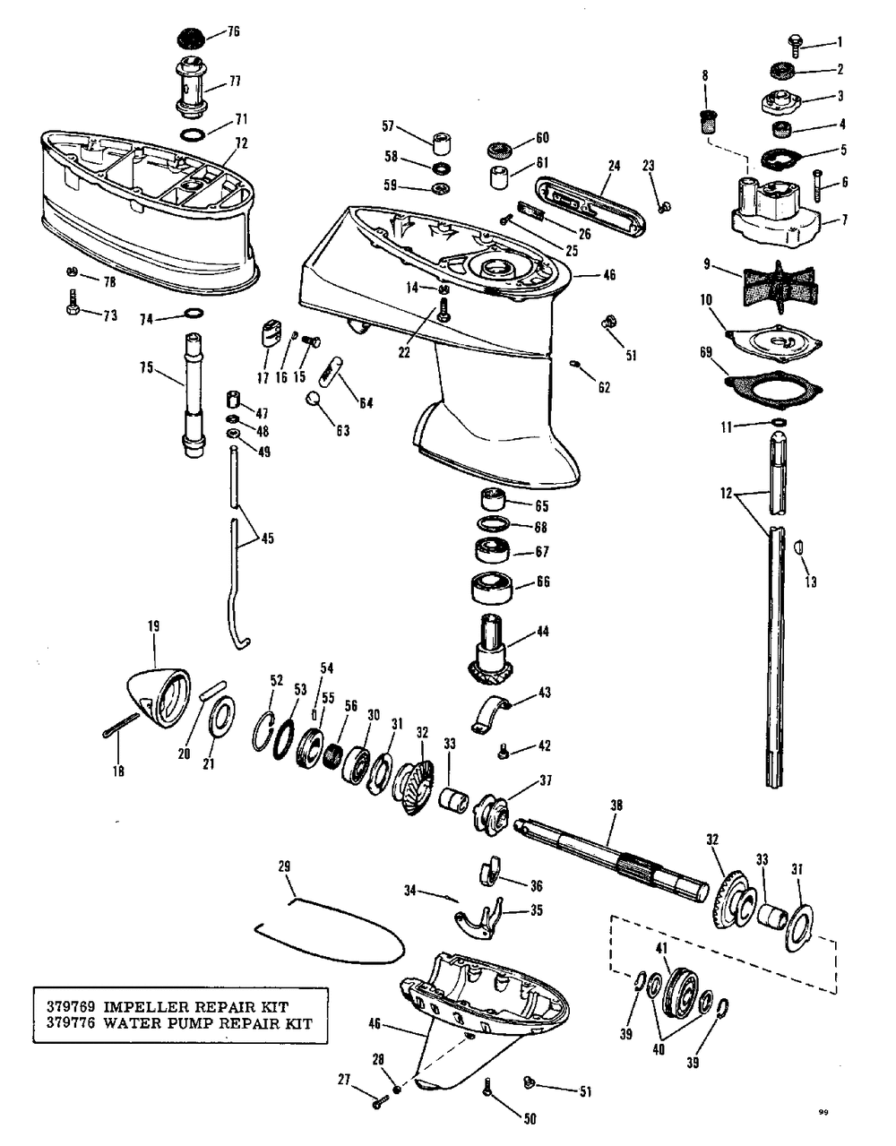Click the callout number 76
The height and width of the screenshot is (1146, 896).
pyautogui.click(x=234, y=31)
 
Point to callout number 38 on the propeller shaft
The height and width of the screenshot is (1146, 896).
pyautogui.click(x=616, y=806)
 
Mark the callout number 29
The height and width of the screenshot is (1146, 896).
pyautogui.click(x=285, y=866)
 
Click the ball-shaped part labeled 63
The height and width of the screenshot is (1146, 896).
pyautogui.click(x=314, y=399)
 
